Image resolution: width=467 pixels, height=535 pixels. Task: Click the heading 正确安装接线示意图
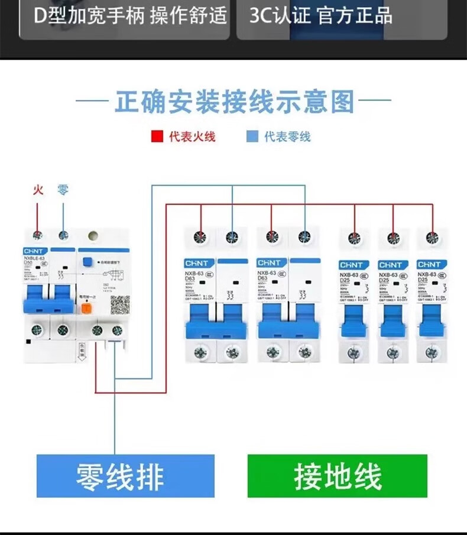tap(234, 101)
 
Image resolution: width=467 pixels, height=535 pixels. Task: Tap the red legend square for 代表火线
tap(157, 137)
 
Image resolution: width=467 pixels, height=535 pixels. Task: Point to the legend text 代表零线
tap(287, 137)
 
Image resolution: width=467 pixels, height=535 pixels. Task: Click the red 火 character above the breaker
tap(38, 190)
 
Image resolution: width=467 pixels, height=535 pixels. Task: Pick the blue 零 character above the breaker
tap(63, 190)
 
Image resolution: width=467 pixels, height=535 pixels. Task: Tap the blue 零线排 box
tap(125, 476)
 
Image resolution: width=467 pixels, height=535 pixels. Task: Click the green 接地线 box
tap(338, 476)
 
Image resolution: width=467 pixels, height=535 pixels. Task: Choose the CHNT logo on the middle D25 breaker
tap(393, 264)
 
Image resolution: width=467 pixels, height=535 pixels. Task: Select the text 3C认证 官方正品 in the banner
tap(320, 16)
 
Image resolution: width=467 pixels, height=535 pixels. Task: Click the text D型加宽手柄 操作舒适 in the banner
tap(130, 16)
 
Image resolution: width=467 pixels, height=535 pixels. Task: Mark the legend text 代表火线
tap(192, 137)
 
